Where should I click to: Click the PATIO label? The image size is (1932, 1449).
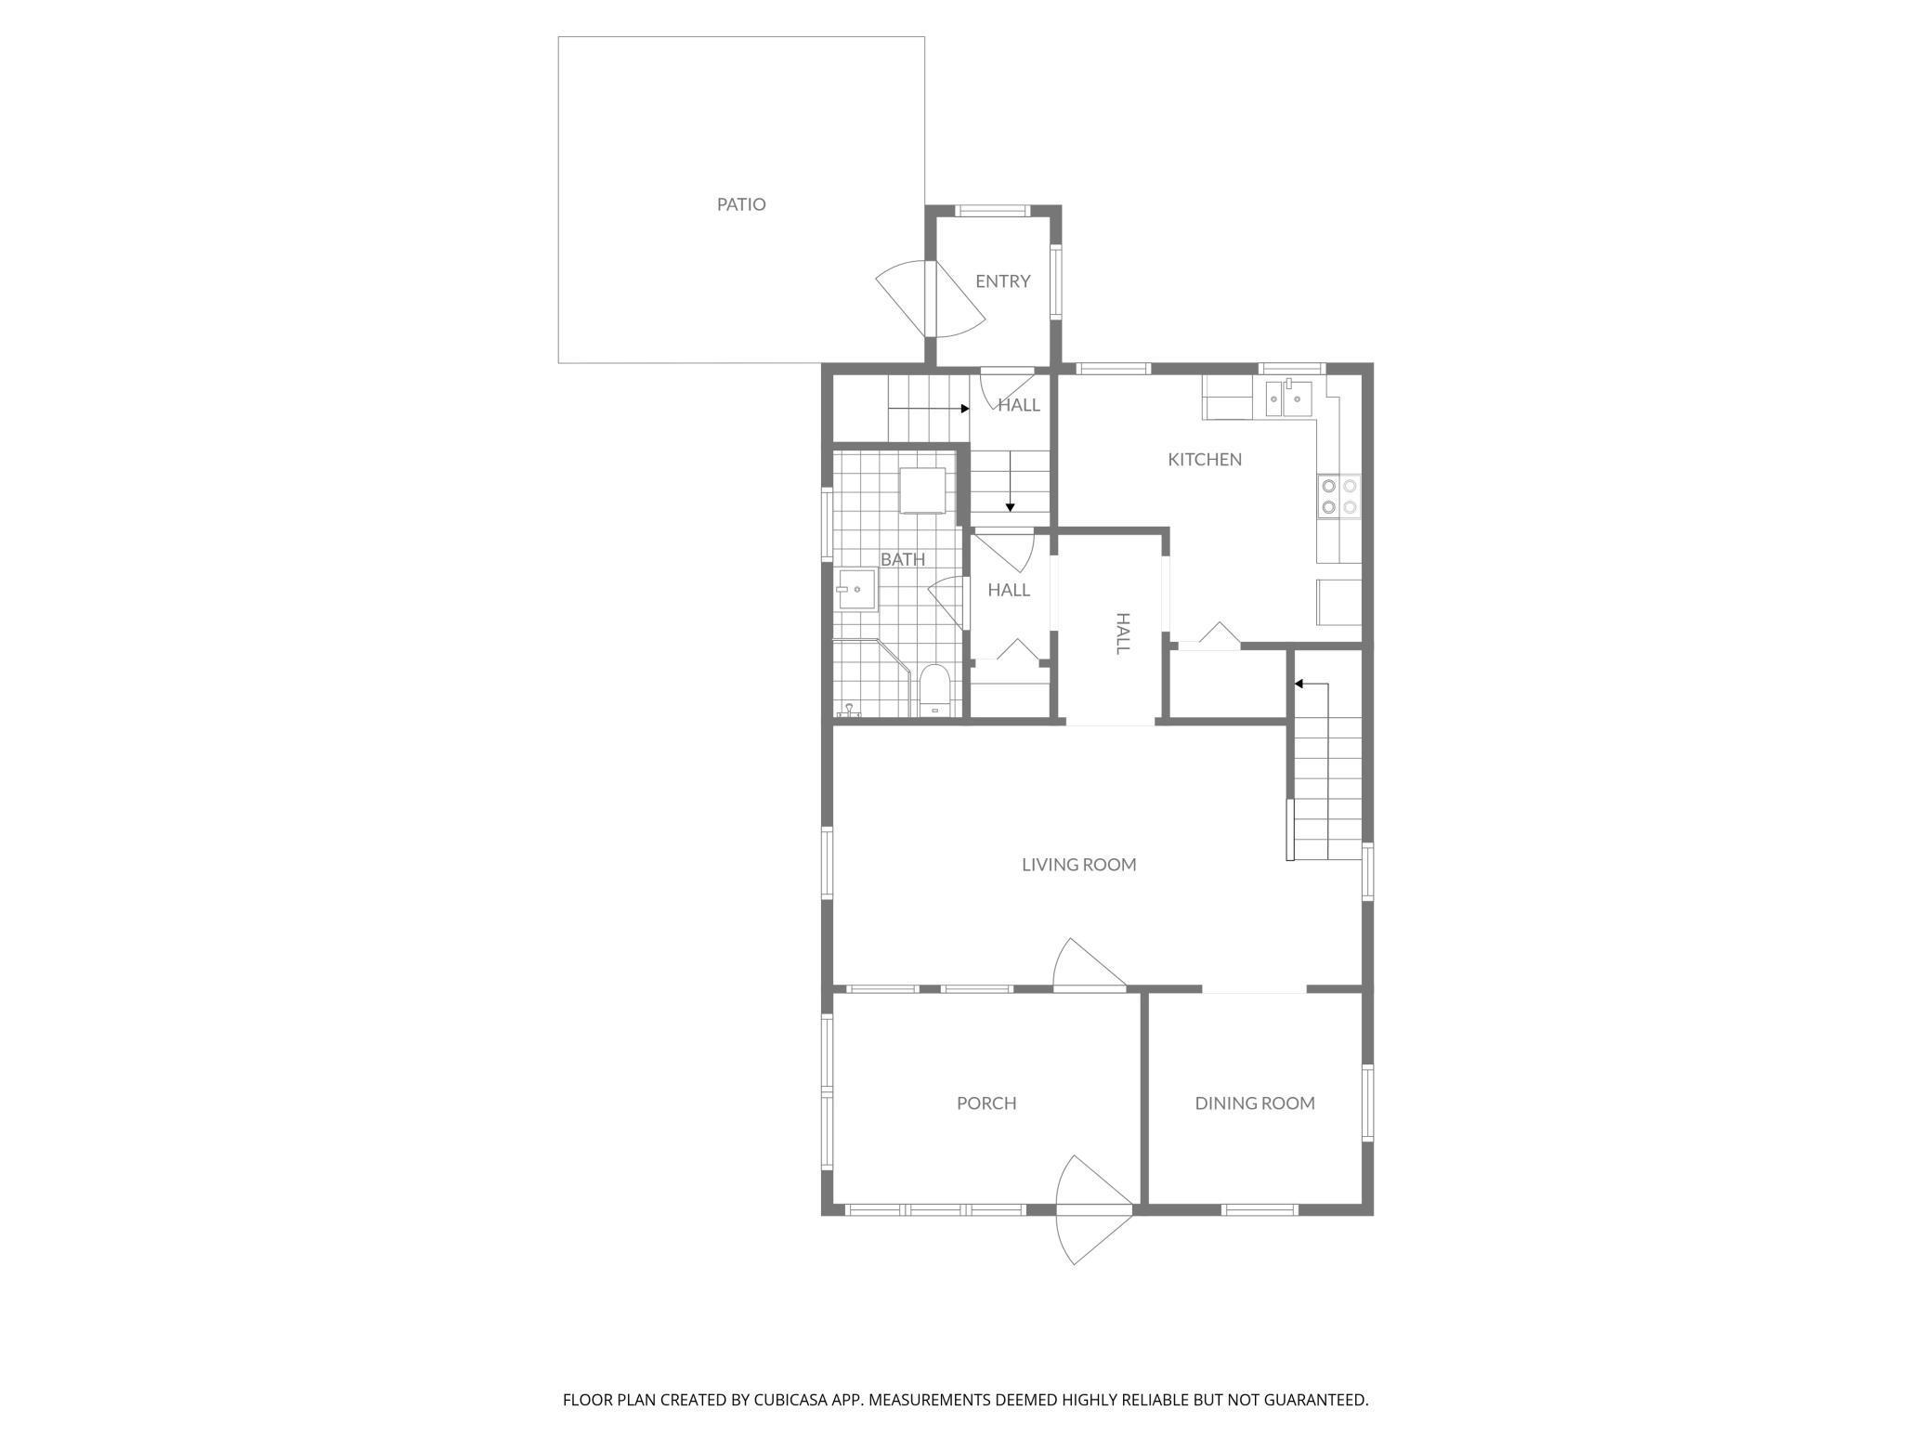741,204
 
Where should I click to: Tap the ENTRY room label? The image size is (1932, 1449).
1002,281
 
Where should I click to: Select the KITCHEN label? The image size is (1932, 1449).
1204,460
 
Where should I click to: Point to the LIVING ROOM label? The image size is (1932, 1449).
1078,865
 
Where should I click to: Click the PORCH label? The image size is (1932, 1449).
986,1103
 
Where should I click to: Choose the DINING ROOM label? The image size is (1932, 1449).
1254,1103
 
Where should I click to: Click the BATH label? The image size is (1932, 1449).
903,559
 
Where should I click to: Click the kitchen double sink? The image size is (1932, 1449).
1289,400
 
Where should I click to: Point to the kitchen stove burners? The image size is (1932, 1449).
1338,496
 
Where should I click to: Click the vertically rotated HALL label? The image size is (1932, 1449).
1122,633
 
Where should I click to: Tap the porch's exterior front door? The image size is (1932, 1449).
1094,1209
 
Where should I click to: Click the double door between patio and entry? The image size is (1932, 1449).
929,298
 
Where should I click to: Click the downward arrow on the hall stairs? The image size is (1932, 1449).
1011,506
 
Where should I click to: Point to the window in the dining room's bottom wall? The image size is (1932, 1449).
1259,1209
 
